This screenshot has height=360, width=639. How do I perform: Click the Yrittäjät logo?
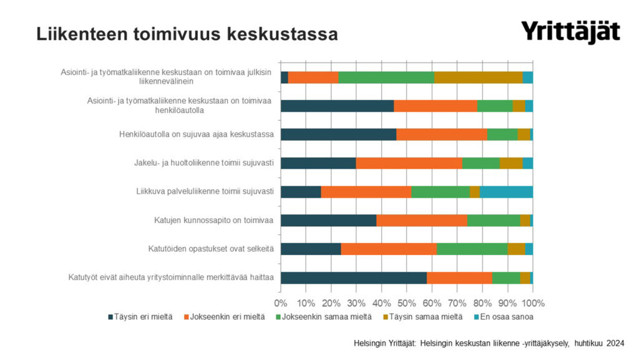coord(570,31)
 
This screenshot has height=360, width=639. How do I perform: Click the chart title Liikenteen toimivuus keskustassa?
coord(187,34)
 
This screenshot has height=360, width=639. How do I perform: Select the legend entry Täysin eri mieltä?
coord(140,317)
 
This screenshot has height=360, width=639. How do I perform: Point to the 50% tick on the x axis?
coord(407,303)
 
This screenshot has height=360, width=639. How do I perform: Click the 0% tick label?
coord(281,303)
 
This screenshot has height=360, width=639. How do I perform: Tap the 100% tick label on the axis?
coord(532,303)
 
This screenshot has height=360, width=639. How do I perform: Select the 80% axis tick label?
coord(482,303)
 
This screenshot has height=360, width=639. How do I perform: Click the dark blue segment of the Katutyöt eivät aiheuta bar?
coord(354,277)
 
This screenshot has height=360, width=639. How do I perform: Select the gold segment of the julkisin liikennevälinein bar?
coord(478,77)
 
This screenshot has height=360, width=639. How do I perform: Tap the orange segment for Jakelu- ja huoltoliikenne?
coord(409,163)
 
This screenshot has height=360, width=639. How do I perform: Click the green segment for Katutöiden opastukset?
coord(472,249)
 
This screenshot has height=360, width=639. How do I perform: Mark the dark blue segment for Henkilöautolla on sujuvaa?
coord(338,134)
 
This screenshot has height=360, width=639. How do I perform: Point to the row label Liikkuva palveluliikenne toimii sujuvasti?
coord(205,192)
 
